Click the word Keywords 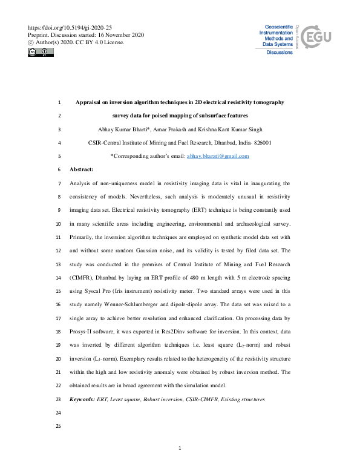(82, 399)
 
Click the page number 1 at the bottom (180, 448)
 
